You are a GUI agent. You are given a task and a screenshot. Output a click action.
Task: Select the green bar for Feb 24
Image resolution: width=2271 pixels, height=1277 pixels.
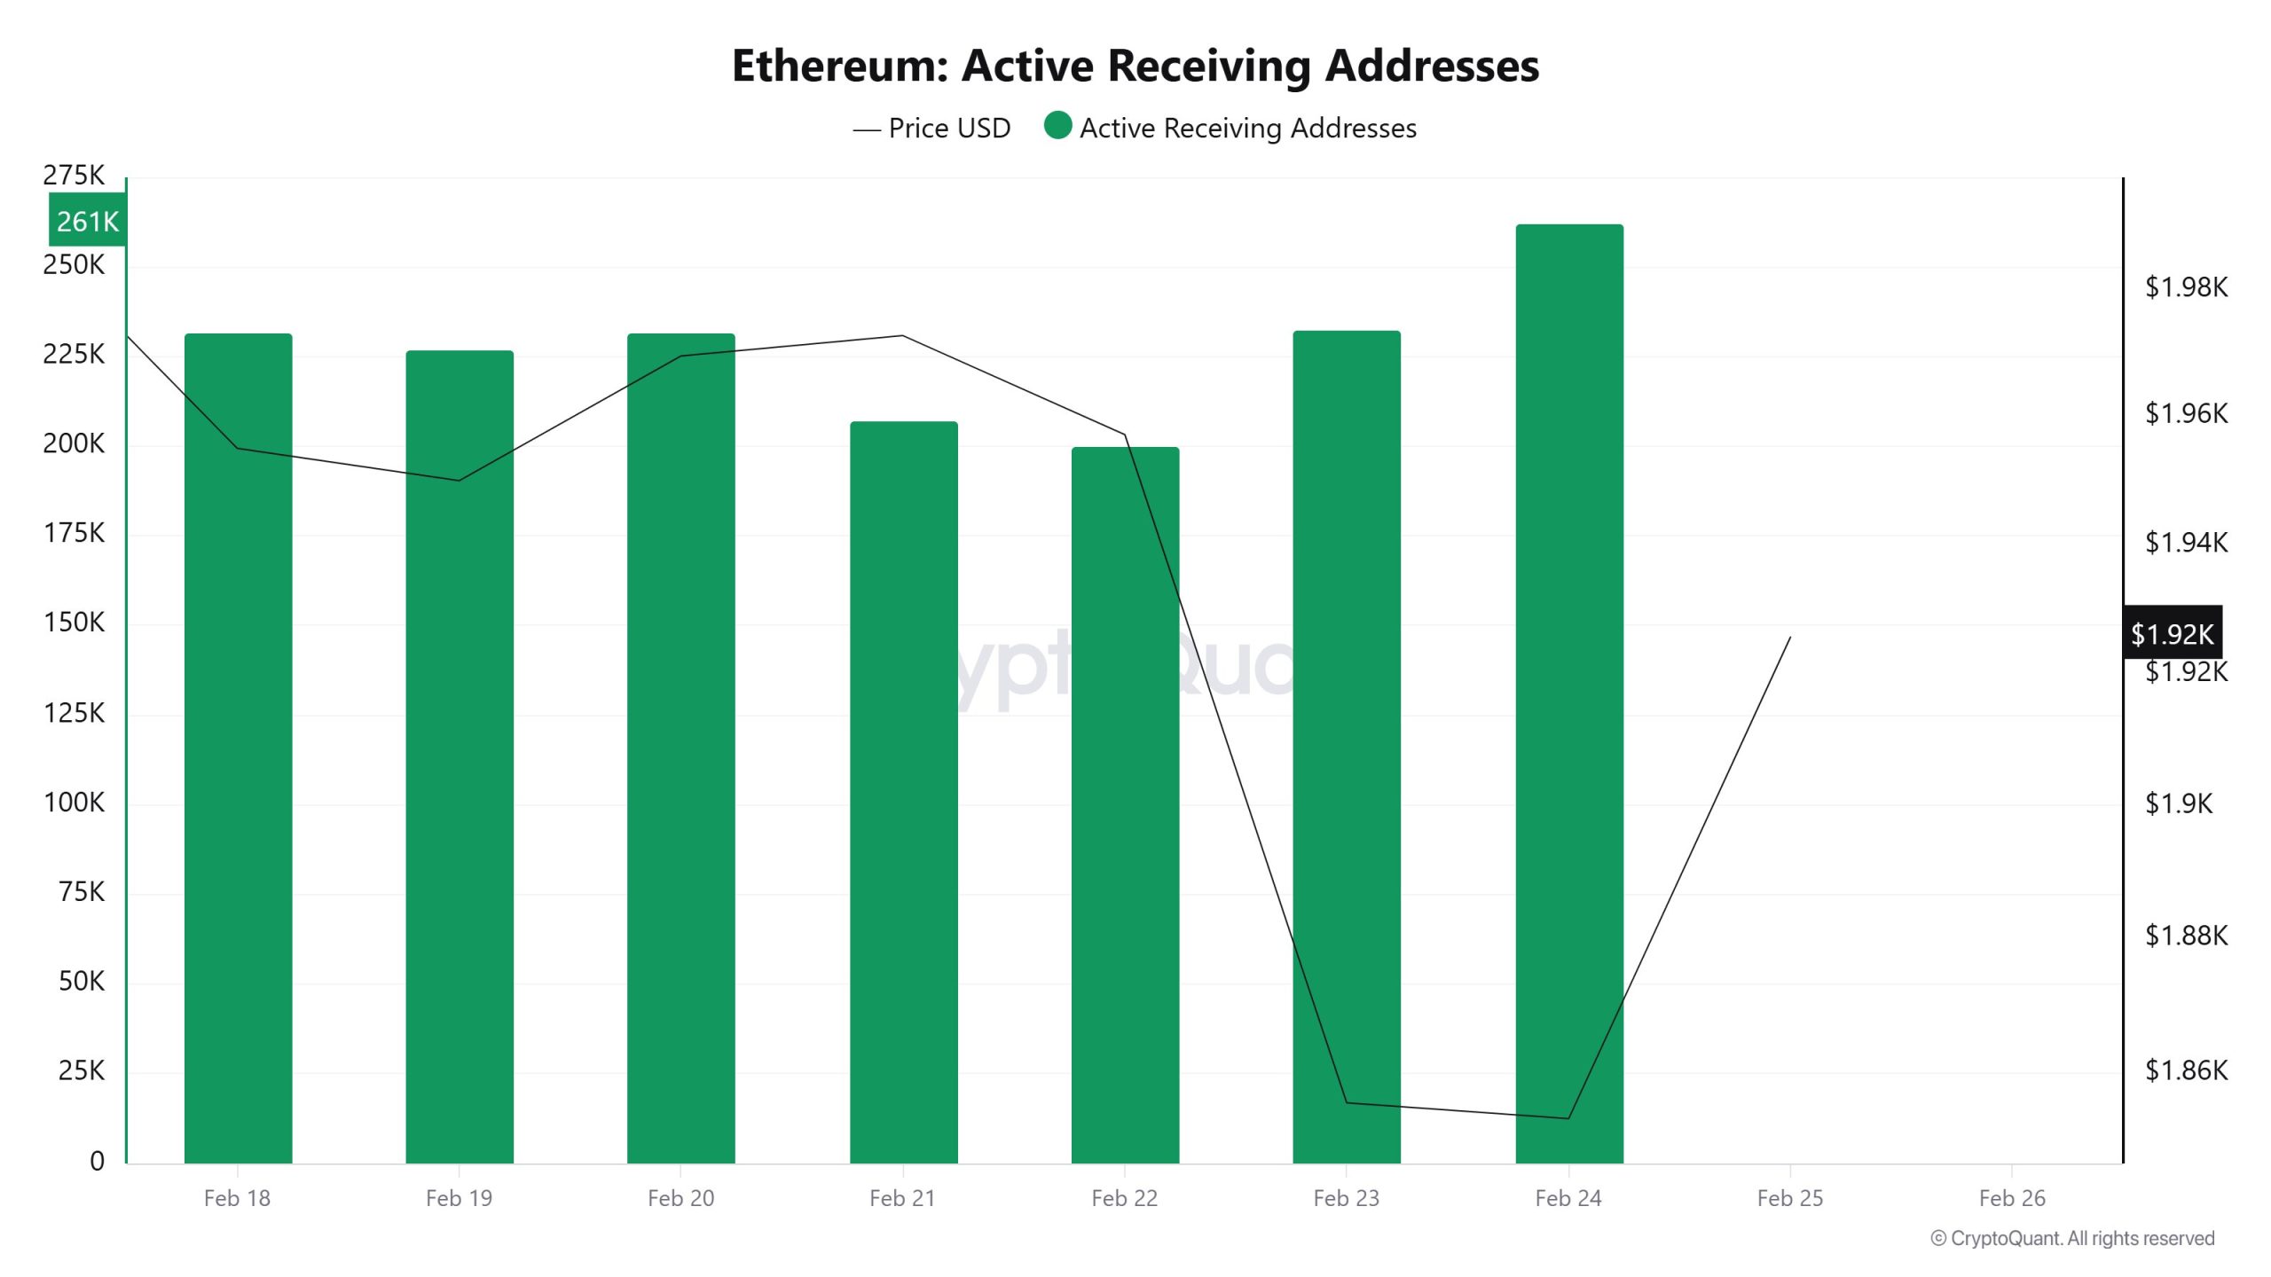[1568, 692]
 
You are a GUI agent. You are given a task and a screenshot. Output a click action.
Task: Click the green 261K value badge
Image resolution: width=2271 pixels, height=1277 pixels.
[87, 221]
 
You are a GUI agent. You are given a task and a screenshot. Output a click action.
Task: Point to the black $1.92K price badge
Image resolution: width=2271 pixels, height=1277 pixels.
[2172, 633]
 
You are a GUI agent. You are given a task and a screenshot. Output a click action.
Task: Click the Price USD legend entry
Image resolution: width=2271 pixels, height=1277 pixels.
[932, 129]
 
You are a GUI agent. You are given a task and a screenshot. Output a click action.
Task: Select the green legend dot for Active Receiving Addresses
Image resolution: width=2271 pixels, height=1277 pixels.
[1057, 126]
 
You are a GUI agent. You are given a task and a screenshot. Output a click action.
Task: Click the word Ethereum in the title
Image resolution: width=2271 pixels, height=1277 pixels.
[839, 66]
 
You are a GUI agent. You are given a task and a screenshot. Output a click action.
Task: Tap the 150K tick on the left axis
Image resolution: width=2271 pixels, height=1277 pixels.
[74, 623]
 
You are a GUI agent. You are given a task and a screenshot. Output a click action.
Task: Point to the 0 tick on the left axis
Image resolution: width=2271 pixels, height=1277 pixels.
[97, 1161]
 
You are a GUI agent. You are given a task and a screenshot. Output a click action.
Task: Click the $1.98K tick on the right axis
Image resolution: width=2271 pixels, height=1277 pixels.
[2186, 287]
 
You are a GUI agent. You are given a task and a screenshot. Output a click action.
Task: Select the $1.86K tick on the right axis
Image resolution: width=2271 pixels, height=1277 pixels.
[2186, 1070]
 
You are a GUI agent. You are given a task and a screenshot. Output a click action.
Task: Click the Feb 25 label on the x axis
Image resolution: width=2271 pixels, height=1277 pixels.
[1789, 1198]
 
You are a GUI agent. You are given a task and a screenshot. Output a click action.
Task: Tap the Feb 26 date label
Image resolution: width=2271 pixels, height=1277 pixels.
[2011, 1198]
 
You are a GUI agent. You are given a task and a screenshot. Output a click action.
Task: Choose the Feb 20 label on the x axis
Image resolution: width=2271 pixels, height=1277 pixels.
[680, 1198]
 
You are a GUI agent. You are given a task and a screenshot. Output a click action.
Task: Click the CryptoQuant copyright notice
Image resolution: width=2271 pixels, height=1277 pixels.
[2072, 1238]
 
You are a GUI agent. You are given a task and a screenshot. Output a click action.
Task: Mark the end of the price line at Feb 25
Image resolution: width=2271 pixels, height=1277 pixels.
[1790, 637]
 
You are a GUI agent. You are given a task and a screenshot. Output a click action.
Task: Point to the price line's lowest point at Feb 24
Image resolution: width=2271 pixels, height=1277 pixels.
[1568, 1118]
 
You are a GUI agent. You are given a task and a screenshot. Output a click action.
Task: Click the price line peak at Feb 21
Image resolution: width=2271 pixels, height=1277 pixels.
[902, 335]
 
